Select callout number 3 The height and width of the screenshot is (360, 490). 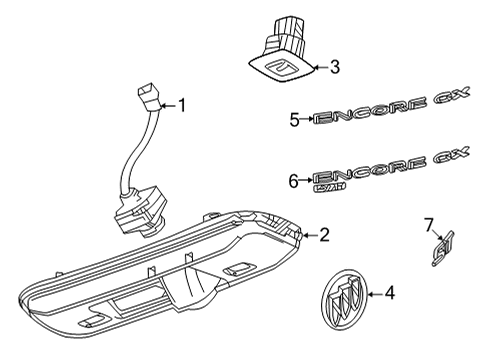(x=335, y=68)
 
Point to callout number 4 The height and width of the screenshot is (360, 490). (x=390, y=293)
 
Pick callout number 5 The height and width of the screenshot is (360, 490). (x=294, y=120)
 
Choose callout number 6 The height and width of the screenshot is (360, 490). (x=294, y=180)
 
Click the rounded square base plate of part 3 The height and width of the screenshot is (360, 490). (x=283, y=69)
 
